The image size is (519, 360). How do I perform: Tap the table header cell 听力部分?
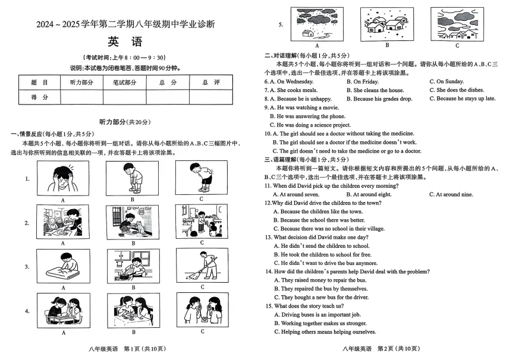81,83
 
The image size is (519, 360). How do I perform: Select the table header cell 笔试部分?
124,83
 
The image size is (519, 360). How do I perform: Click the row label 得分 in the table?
39,97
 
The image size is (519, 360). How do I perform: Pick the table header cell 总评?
211,83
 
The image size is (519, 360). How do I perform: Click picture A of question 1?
62,178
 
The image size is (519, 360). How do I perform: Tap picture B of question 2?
133,222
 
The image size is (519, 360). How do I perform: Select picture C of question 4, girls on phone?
202,310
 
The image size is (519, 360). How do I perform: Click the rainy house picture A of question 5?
317,23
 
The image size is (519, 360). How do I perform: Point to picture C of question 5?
457,23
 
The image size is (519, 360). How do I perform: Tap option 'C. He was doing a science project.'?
310,125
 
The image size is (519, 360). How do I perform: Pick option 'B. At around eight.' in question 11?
372,194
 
